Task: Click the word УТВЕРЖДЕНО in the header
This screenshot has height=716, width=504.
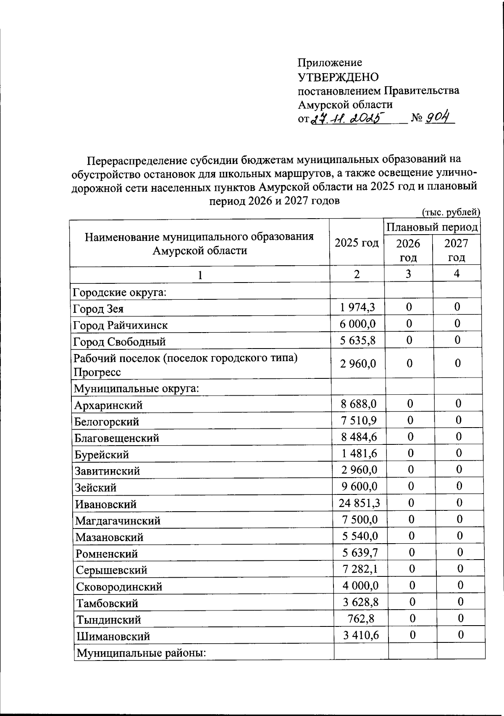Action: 338,77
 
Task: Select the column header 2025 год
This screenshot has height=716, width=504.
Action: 357,243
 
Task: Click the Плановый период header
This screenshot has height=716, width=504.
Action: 432,227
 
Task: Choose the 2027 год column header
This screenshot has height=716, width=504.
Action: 456,251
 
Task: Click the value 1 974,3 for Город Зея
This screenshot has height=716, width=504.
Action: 358,308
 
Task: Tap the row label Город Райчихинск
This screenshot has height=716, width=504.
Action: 121,325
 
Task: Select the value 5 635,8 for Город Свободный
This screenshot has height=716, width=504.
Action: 358,340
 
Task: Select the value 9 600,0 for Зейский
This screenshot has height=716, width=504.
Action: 359,486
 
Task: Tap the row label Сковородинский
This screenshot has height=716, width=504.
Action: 119,587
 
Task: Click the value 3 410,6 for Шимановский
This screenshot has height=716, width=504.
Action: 361,635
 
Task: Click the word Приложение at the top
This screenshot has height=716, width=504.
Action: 330,63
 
